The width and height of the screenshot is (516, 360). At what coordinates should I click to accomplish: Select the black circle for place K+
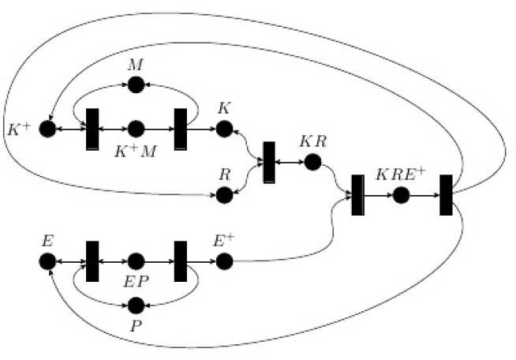point(47,128)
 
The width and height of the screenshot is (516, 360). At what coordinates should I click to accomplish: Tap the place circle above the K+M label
point(135,128)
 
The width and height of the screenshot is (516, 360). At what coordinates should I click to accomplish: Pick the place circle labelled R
point(224,193)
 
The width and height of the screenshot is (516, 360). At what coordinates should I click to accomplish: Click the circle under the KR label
point(312,163)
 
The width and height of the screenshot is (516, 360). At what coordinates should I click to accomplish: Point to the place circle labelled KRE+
point(402,194)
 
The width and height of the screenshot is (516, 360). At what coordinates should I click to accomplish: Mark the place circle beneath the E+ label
point(224,261)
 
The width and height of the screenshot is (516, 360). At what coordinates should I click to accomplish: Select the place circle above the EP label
point(135,261)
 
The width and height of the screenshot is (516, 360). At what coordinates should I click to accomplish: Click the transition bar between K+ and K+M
point(92,128)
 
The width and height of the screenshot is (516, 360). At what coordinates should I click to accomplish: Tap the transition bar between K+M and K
point(180,128)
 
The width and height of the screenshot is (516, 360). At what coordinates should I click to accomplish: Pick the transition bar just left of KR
point(268,162)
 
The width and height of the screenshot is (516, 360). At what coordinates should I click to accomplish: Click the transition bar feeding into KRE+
point(357,194)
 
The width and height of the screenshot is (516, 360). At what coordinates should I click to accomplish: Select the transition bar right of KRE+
point(446,194)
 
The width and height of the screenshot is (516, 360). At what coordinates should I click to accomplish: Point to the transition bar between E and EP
point(92,261)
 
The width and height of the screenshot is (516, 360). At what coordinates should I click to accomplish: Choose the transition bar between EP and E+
point(180,261)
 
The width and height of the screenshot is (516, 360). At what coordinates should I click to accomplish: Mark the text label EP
point(136,280)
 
